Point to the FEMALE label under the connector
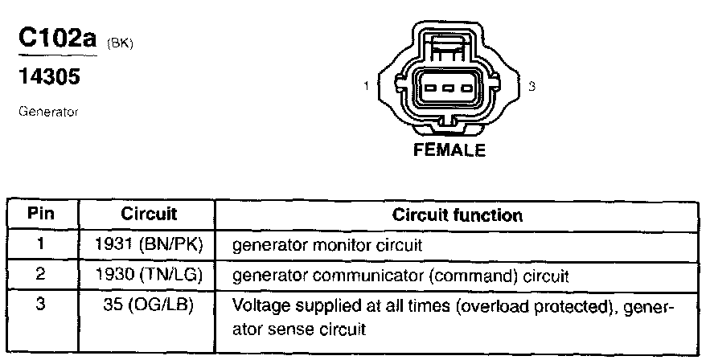[449, 150]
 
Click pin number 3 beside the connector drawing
[532, 86]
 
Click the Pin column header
[41, 215]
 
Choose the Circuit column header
[149, 215]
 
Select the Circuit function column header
[457, 215]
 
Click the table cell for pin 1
[41, 243]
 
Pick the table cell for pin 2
[41, 274]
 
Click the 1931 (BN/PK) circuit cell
[149, 243]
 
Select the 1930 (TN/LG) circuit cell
[149, 275]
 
